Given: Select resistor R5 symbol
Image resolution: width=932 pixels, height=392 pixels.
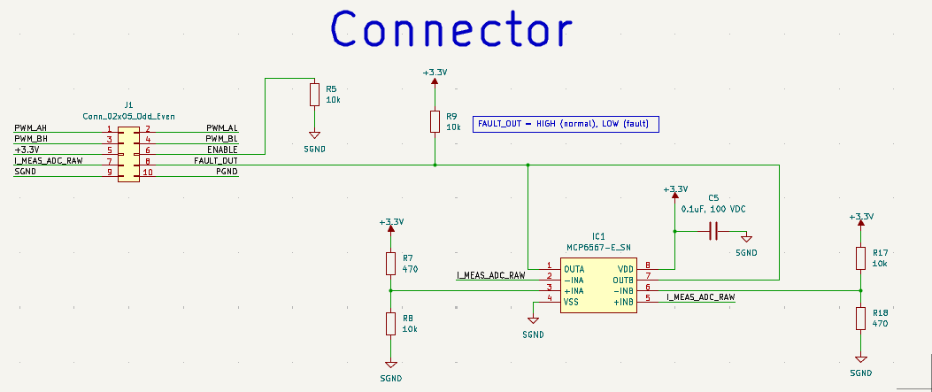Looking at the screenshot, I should pyautogui.click(x=313, y=94).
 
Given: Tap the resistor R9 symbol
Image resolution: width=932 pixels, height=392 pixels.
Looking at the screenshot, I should pyautogui.click(x=435, y=121).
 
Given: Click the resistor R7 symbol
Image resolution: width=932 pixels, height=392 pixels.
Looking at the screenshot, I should pyautogui.click(x=390, y=263).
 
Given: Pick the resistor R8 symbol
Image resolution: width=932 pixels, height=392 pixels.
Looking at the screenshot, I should pyautogui.click(x=390, y=323).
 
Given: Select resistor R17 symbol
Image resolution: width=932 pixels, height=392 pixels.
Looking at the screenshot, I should pyautogui.click(x=860, y=257).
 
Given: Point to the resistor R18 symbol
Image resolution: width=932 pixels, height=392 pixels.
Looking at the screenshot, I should pyautogui.click(x=860, y=319).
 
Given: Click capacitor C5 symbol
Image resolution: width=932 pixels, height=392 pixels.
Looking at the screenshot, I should pyautogui.click(x=712, y=232).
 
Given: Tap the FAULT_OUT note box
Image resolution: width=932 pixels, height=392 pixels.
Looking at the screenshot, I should pyautogui.click(x=566, y=124).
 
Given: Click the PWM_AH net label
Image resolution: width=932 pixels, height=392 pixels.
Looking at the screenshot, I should pyautogui.click(x=30, y=129).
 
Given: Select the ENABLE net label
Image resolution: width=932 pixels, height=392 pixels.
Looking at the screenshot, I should pyautogui.click(x=222, y=150).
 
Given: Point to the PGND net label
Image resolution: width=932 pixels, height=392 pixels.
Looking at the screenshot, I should pyautogui.click(x=227, y=172).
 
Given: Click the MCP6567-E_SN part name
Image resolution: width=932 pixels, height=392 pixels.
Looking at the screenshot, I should pyautogui.click(x=598, y=247).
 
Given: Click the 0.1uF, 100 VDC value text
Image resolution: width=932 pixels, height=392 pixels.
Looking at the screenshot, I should pyautogui.click(x=713, y=209).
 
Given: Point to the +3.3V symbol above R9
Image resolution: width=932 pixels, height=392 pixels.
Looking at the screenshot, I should pyautogui.click(x=435, y=76).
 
